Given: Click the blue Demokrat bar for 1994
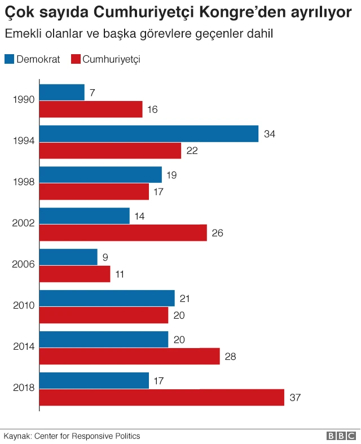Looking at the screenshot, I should click(x=149, y=134).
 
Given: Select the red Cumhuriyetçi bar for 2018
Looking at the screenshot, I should click(x=162, y=397).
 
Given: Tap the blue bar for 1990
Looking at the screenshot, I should click(x=62, y=92).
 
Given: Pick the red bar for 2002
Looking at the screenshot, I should click(x=123, y=232).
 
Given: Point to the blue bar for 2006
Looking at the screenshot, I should click(x=68, y=257).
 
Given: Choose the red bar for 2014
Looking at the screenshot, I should click(x=129, y=356).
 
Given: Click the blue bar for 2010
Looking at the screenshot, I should click(x=107, y=298).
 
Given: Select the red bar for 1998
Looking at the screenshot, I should click(x=94, y=191).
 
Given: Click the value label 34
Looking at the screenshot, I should click(x=270, y=134).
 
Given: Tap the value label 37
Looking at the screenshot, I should click(x=295, y=397).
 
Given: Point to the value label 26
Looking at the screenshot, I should click(x=218, y=232).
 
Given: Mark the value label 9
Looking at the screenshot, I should click(x=105, y=257).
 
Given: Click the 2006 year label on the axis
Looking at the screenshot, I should click(x=24, y=265).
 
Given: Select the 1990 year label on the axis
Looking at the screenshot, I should click(x=24, y=100).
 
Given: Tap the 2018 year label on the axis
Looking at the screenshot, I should click(x=24, y=388).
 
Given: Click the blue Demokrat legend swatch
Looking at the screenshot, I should click(x=10, y=59).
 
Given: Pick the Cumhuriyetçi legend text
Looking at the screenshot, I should click(x=111, y=59).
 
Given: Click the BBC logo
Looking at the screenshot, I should click(x=341, y=436).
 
